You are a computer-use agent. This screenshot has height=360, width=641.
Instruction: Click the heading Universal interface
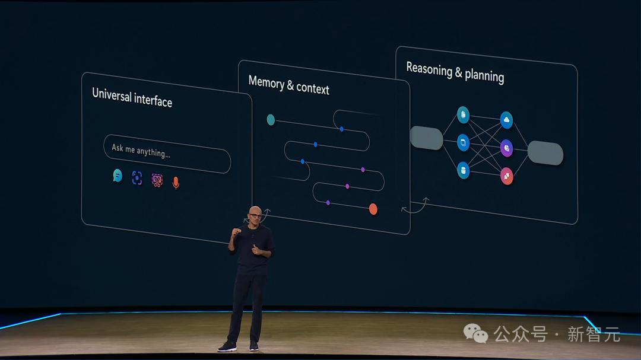tap(132, 98)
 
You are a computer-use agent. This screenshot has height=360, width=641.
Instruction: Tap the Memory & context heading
tap(288, 85)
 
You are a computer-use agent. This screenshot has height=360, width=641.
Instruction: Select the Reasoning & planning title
tap(455, 72)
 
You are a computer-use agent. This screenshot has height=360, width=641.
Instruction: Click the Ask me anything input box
tap(167, 154)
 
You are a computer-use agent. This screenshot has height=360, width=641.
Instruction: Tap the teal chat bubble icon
tap(118, 176)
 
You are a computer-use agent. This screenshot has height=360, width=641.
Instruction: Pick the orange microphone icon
tap(176, 183)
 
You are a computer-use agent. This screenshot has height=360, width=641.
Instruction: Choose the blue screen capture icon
tap(137, 178)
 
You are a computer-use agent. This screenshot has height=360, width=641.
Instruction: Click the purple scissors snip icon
tap(157, 180)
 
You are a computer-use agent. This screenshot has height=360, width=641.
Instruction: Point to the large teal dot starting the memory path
tap(271, 120)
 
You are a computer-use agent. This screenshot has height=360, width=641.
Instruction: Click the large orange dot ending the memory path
tap(373, 209)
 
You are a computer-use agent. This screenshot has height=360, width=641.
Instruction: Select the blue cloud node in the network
tap(506, 120)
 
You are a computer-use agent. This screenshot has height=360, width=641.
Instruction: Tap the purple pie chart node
tap(506, 148)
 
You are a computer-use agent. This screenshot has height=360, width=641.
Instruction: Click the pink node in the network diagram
tap(506, 176)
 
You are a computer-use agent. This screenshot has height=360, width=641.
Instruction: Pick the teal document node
tap(463, 115)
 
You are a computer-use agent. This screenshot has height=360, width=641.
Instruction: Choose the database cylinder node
tap(463, 170)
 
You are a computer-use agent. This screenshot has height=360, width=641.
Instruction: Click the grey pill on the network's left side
tap(426, 138)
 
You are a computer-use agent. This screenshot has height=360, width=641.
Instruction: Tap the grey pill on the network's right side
tap(545, 153)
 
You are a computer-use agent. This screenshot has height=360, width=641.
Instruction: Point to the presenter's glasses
tap(255, 216)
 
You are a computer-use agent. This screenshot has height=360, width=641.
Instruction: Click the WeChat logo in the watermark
tap(475, 333)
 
